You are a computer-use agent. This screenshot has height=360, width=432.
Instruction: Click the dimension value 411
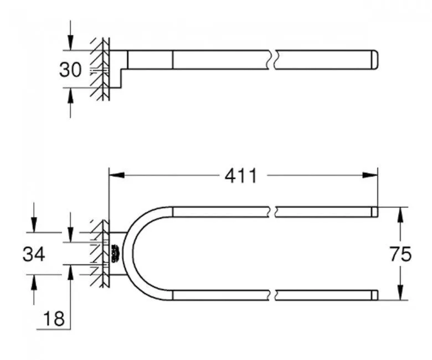click(x=241, y=176)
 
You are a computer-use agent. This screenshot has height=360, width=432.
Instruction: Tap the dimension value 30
click(x=70, y=69)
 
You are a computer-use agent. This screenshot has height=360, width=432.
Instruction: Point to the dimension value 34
click(x=34, y=254)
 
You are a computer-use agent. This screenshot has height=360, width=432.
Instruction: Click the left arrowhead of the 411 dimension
click(x=115, y=176)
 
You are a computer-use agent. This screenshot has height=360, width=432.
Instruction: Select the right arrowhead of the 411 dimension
click(x=372, y=176)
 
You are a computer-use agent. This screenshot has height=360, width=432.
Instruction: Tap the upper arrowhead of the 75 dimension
click(x=399, y=213)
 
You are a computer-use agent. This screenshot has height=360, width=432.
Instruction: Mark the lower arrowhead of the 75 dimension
click(x=399, y=294)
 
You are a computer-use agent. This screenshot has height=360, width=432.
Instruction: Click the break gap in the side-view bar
click(x=274, y=60)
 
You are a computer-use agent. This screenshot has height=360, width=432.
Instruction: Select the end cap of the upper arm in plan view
click(x=374, y=212)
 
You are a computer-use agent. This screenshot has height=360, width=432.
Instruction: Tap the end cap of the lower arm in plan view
click(x=374, y=295)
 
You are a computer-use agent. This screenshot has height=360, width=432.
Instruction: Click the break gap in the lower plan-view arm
click(x=274, y=295)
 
